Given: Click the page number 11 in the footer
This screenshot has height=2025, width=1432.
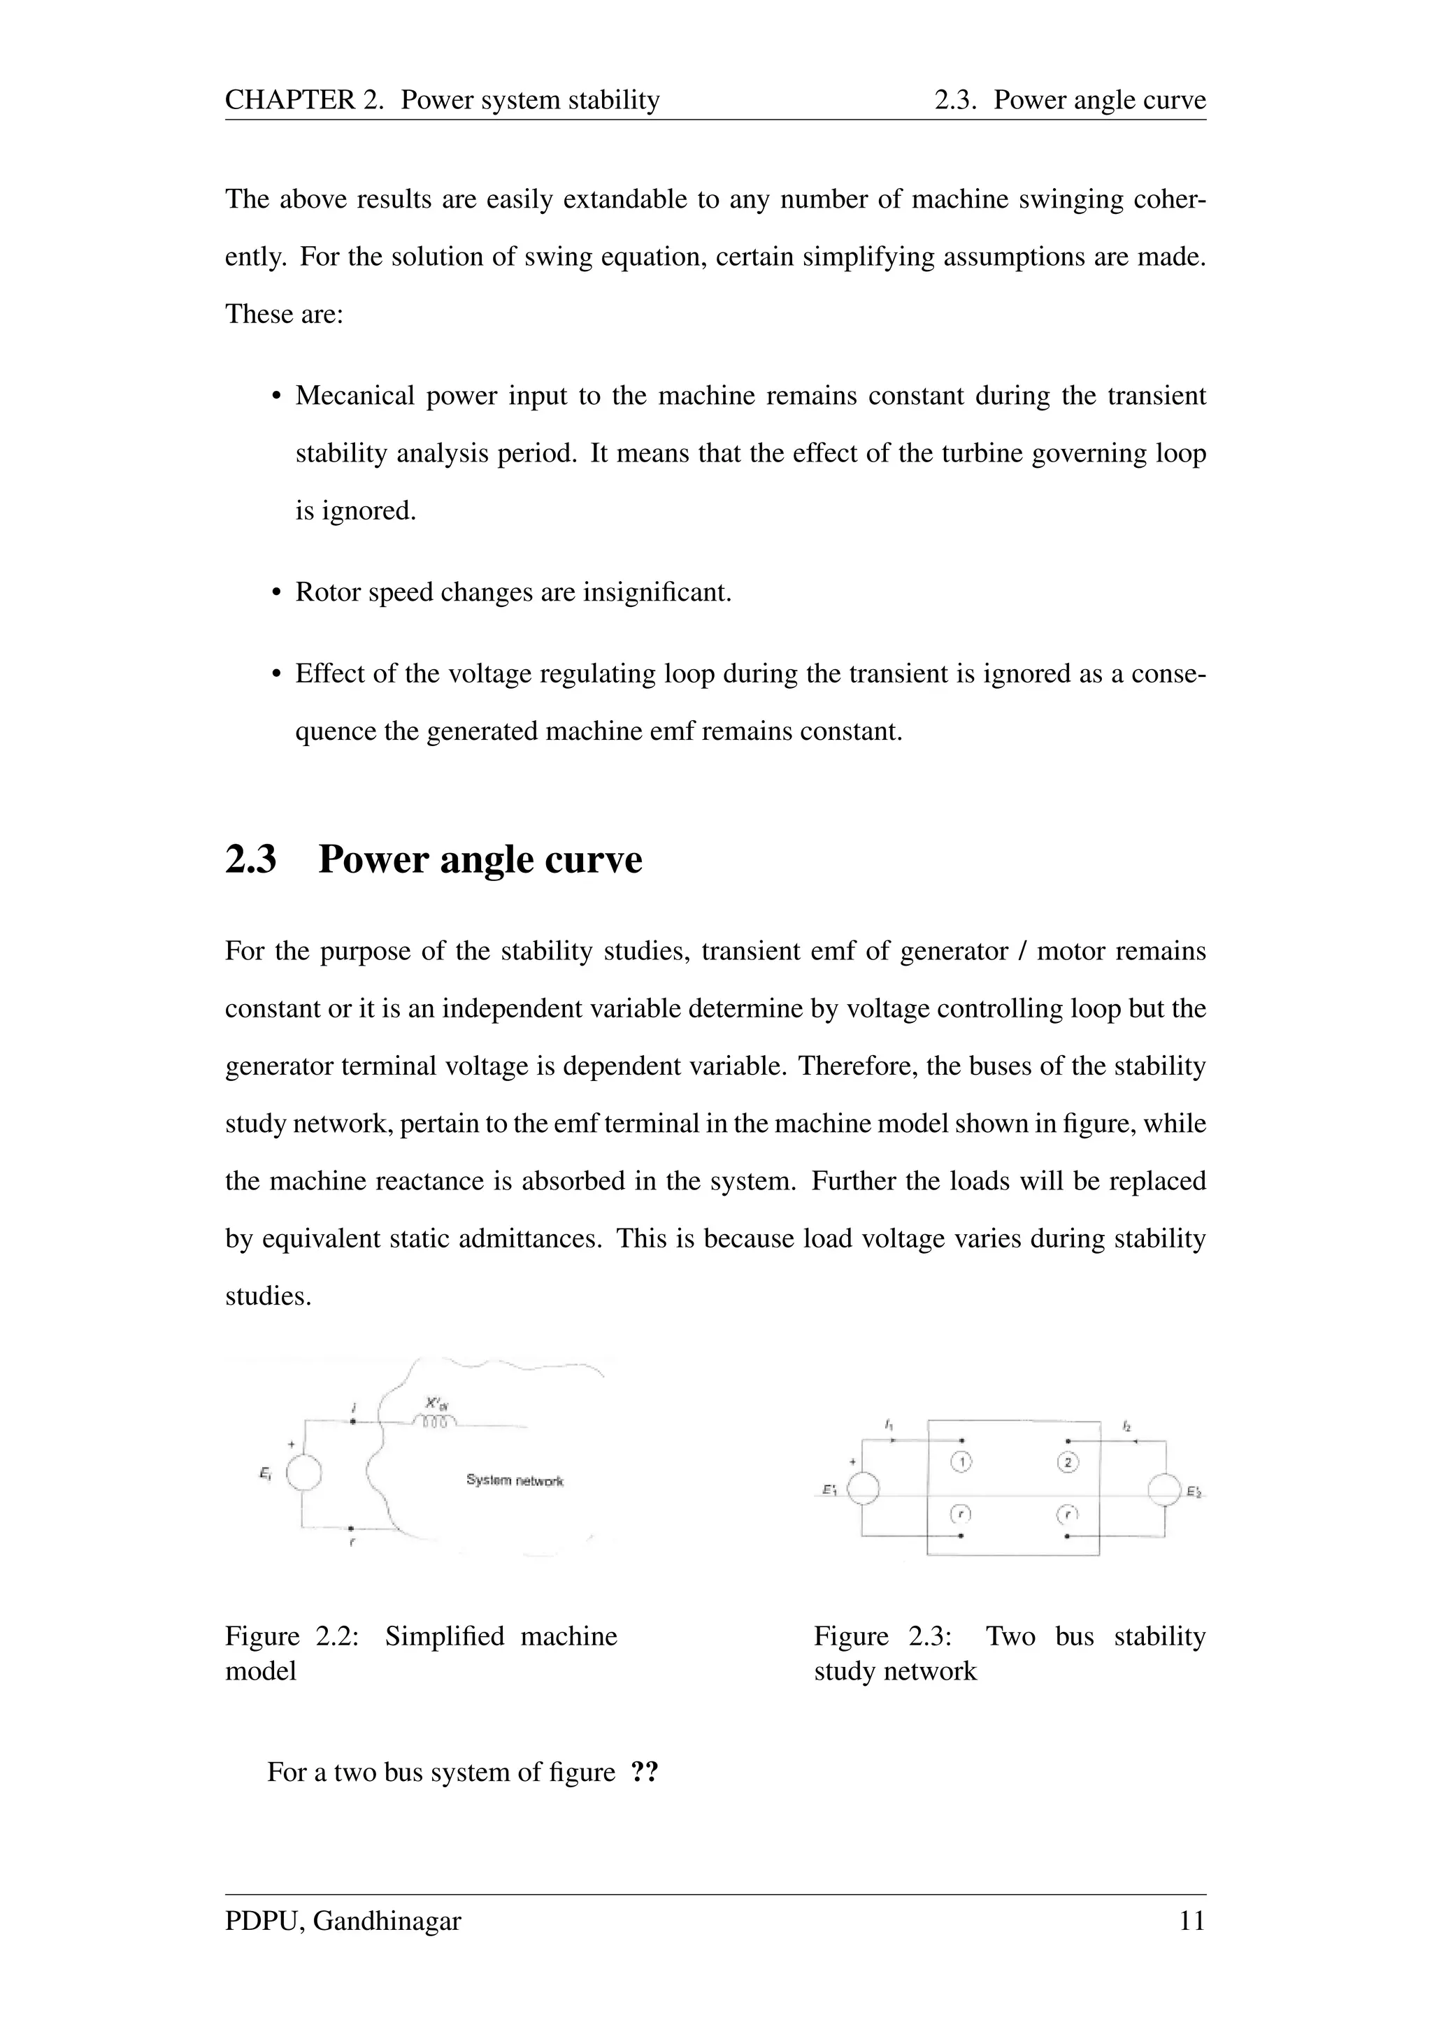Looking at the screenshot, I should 1191,1920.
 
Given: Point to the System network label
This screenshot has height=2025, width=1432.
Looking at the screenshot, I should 515,1480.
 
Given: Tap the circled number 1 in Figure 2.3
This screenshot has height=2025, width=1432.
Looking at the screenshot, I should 961,1462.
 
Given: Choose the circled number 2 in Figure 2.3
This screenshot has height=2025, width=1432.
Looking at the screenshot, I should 1067,1462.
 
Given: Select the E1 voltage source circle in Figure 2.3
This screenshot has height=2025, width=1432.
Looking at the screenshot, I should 862,1489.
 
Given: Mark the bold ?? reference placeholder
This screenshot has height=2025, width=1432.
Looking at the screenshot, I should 645,1772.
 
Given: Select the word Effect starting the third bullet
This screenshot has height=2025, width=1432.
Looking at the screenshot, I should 332,674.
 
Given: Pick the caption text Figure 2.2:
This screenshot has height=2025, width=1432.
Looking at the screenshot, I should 292,1636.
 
